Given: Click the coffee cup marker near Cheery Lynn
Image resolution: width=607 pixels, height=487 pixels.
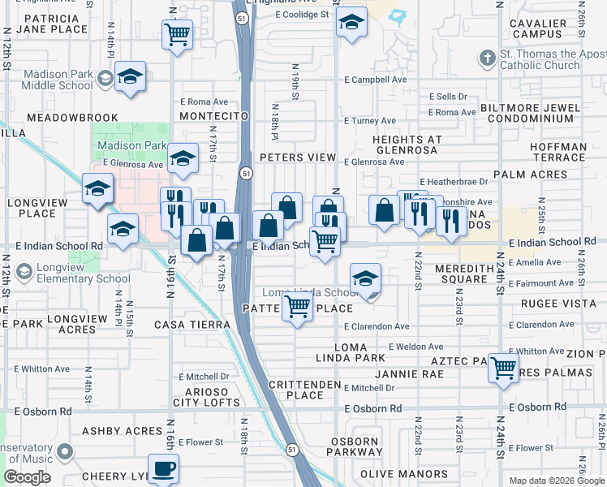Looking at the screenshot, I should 163,469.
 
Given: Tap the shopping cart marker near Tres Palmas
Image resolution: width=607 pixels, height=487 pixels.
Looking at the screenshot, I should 503,368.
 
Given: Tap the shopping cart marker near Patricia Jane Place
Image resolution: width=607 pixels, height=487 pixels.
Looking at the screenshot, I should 177,35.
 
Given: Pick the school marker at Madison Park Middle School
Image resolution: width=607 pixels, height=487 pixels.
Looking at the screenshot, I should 130,76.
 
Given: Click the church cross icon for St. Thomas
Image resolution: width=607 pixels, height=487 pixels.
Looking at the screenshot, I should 486,58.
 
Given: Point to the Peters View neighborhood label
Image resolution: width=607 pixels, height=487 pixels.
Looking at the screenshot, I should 298,157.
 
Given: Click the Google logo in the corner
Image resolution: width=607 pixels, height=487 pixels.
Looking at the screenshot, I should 27,477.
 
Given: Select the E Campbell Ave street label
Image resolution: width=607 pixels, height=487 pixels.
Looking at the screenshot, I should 375,80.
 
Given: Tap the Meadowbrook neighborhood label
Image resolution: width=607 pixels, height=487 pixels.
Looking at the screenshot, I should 72,118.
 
